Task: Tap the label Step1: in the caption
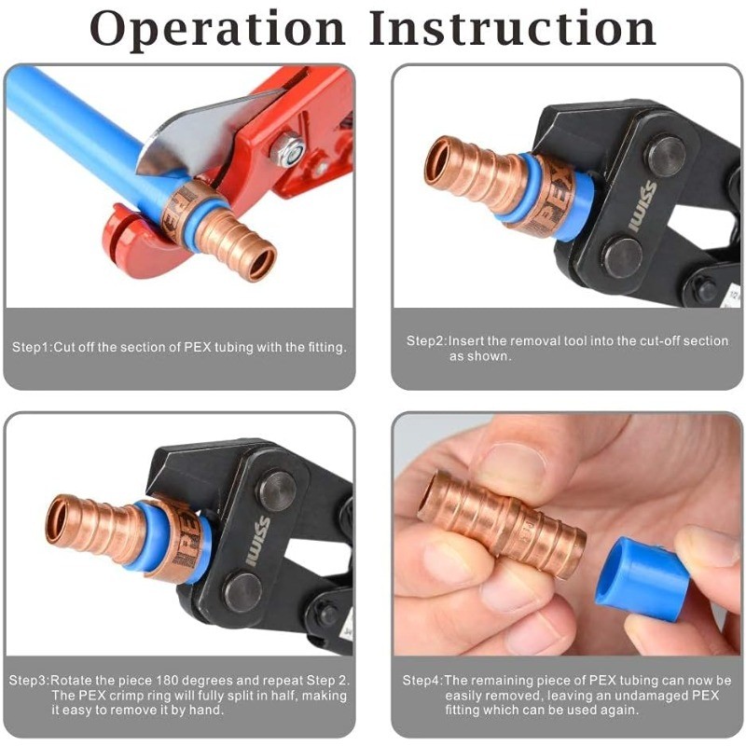[32, 347]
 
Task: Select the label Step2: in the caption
[427, 341]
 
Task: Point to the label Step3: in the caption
[30, 681]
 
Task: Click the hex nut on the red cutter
[290, 149]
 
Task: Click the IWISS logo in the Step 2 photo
[642, 206]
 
